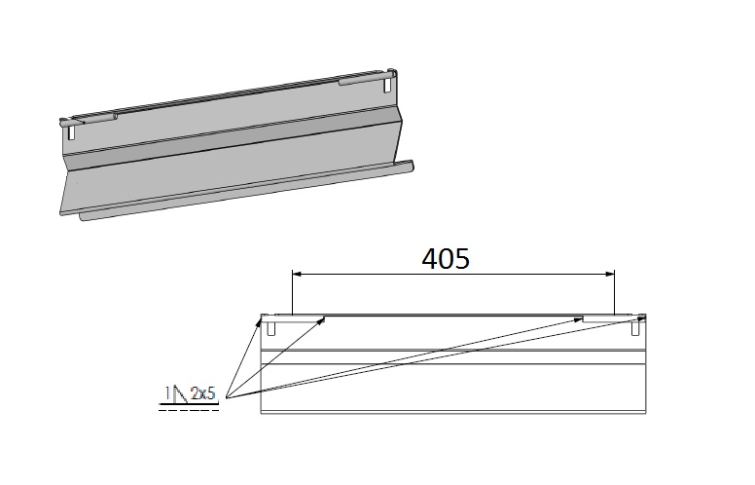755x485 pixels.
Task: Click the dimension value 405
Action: (446, 258)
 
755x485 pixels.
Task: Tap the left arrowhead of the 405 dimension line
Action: (298, 277)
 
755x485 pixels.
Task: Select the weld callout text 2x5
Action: (203, 393)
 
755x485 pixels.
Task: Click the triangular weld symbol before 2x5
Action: (176, 394)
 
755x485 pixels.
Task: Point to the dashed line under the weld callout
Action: (190, 409)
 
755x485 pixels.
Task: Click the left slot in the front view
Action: (272, 329)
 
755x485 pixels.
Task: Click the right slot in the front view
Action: (635, 329)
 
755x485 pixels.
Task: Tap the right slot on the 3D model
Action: (390, 84)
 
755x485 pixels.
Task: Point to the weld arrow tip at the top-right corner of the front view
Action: (643, 317)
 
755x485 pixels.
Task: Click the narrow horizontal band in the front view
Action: (453, 356)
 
